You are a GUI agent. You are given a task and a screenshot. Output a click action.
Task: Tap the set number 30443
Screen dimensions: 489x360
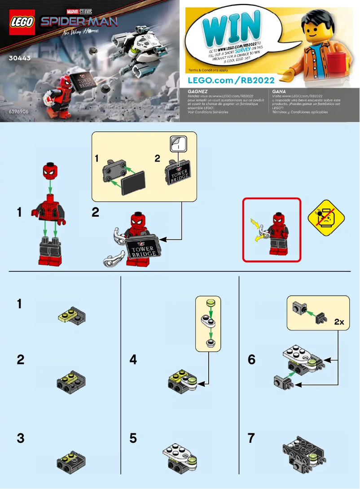tap(18, 58)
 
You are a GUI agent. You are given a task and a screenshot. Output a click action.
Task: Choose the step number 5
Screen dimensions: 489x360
tap(133, 438)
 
